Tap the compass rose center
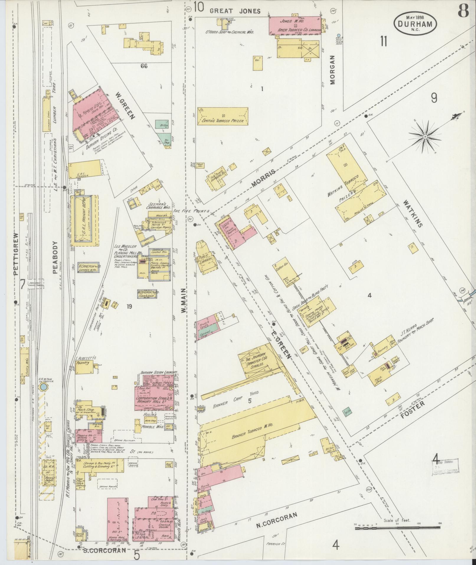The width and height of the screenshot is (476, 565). [x=425, y=137]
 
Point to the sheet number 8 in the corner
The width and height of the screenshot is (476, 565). [x=463, y=12]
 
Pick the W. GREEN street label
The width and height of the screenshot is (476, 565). [x=125, y=106]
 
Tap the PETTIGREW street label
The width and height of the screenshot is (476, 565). [x=16, y=254]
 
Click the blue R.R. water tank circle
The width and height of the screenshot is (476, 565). [x=43, y=387]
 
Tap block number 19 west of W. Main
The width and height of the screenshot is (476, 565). [x=129, y=306]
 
